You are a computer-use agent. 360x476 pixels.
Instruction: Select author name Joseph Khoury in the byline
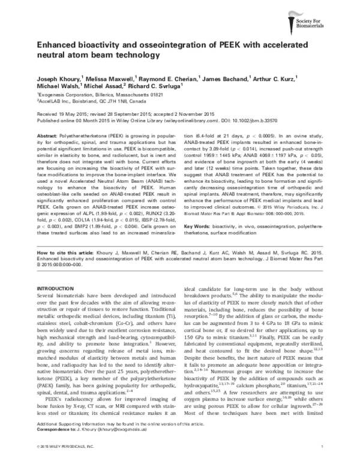[55, 79]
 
